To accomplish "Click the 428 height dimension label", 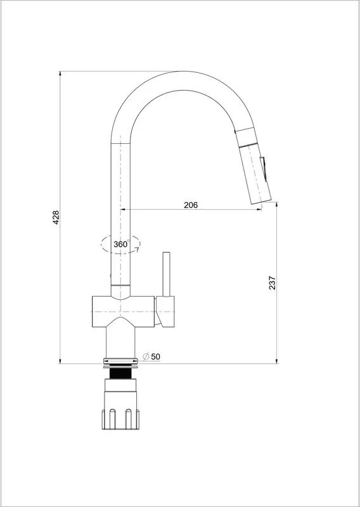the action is coord(56,217).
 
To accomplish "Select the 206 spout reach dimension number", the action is coord(191,205).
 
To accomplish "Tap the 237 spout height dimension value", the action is coord(273,283).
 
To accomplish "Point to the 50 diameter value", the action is coord(155,357).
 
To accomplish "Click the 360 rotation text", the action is coord(120,245).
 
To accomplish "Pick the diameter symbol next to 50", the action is coord(146,357).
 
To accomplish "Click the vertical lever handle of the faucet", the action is coord(167,274).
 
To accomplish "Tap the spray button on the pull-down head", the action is coord(264,169).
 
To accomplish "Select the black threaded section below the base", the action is coord(121,373).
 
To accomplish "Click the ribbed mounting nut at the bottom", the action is coord(120,420).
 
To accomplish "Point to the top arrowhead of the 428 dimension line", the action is coord(60,73).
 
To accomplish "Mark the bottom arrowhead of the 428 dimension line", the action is coord(60,361).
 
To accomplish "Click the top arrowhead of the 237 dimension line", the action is coord(277,204).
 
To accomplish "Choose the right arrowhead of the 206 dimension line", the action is coord(259,210).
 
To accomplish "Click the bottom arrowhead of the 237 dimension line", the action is coord(277,361).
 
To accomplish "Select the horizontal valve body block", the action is coord(123,312).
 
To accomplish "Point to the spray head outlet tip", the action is coord(261,202).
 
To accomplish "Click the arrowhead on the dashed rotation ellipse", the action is coord(137,250).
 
